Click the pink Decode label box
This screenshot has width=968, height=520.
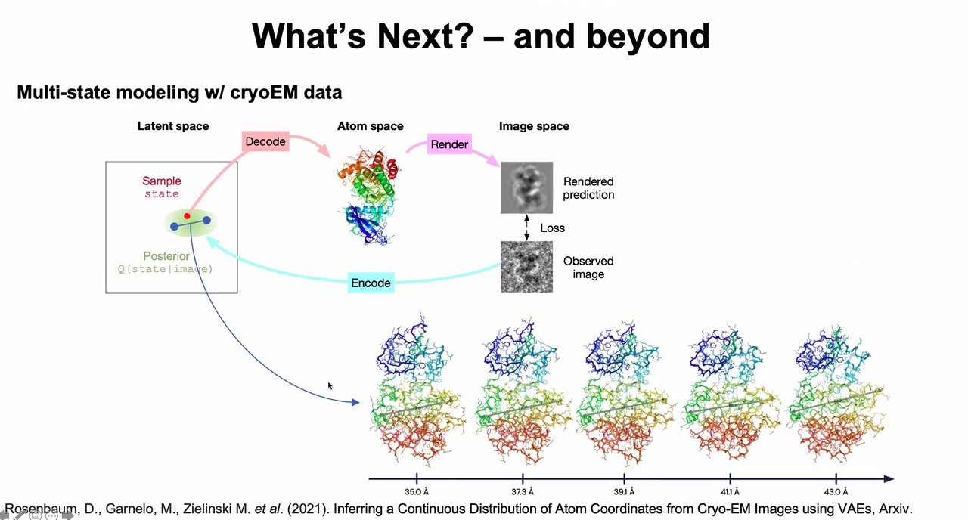tap(265, 141)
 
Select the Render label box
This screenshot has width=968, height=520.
tap(449, 144)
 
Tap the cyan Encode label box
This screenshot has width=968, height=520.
tap(371, 283)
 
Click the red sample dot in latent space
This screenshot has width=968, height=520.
tap(187, 216)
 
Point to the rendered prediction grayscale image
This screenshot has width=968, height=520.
tap(526, 187)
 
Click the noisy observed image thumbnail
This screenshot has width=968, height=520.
tap(526, 267)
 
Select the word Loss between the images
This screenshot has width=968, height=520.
tap(552, 227)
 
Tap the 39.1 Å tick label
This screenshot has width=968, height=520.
tap(625, 492)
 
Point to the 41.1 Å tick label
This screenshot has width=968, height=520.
tap(731, 492)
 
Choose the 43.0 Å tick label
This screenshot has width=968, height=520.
tap(836, 492)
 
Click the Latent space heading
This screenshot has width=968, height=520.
tap(172, 126)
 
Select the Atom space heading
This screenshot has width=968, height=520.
tap(370, 126)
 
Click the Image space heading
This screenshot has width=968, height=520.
tap(534, 126)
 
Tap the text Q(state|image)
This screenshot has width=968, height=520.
tap(165, 269)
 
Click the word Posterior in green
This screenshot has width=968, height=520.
tap(166, 256)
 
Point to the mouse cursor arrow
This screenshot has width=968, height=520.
tap(330, 385)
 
